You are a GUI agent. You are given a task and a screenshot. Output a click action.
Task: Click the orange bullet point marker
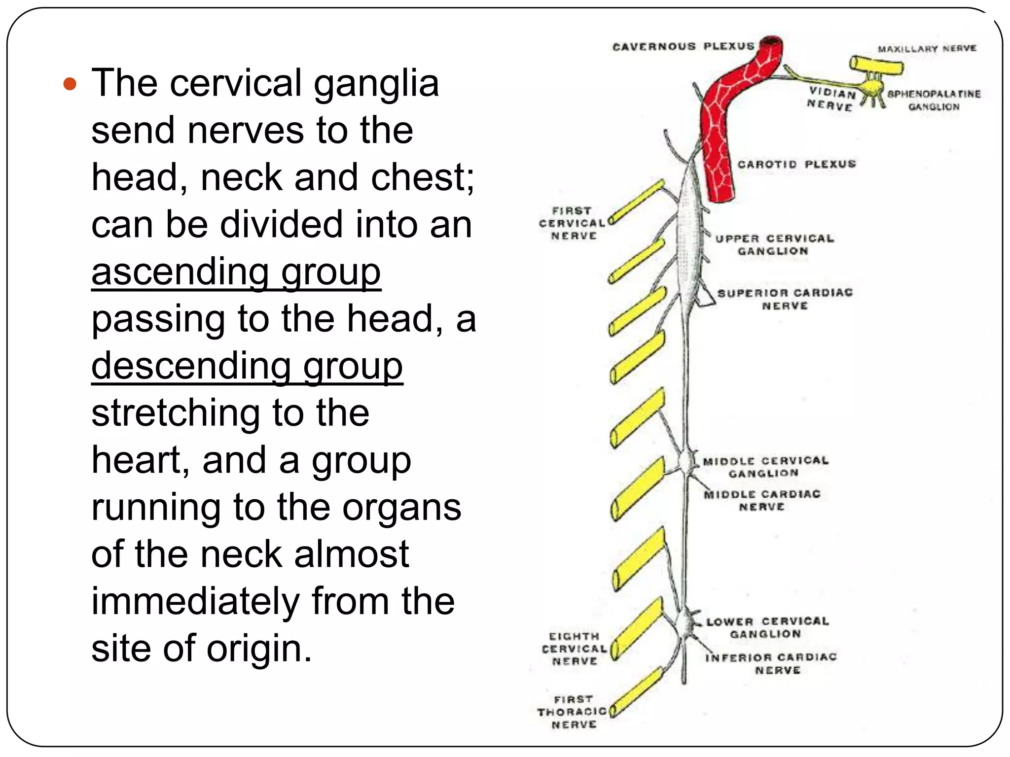(70, 84)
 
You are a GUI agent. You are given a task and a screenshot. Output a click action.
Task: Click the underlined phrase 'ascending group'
(236, 273)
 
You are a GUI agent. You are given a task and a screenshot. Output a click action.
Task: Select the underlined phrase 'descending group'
(247, 367)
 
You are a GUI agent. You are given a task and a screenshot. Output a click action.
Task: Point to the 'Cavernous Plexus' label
(683, 47)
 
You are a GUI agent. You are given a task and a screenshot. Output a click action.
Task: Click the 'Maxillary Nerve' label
(927, 49)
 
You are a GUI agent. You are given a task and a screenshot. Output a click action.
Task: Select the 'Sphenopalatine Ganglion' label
(934, 101)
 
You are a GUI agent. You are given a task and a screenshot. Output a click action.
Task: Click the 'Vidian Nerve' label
(831, 100)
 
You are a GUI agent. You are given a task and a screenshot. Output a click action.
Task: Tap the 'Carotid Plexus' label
(796, 164)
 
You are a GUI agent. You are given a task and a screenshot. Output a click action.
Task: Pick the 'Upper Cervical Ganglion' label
(774, 245)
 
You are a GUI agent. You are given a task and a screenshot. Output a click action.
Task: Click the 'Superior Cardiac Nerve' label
(785, 299)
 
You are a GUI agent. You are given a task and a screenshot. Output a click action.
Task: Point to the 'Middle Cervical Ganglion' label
(765, 467)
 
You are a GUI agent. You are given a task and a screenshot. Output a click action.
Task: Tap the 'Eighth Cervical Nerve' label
(574, 649)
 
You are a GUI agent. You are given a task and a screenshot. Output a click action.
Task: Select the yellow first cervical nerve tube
(636, 203)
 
